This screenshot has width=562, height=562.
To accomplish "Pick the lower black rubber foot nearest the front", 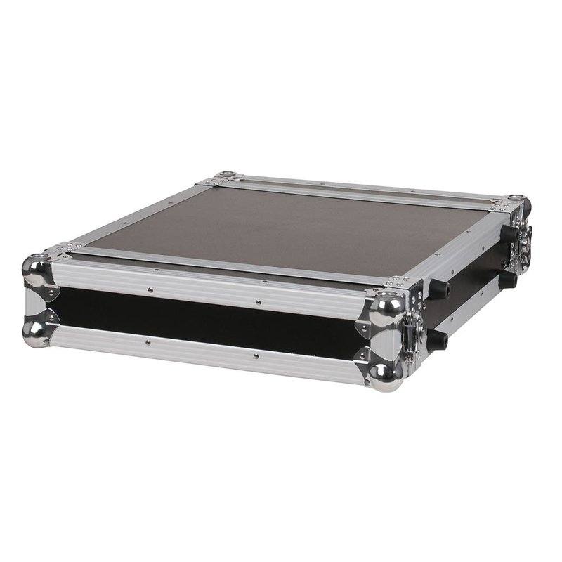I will (x=437, y=341).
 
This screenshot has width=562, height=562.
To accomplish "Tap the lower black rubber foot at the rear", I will (x=507, y=280).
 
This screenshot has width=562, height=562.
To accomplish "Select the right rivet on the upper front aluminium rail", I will (x=258, y=303).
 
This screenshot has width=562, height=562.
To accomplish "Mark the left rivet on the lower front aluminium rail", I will (x=148, y=343).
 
